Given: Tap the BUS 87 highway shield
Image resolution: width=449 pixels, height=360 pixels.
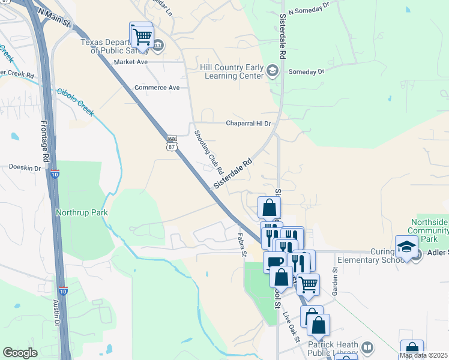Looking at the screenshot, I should pos(172,143).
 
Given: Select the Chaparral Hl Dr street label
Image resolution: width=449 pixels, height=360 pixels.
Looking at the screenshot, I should pos(248,124).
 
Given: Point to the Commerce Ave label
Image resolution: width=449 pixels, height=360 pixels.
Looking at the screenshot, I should pos(157,88).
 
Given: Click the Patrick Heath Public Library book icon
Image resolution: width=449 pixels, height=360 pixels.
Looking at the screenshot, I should pos(367,347).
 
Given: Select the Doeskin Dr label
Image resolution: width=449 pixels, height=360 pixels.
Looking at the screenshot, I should pos(25,168).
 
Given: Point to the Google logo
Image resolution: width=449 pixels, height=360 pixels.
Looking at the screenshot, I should pos(20,353).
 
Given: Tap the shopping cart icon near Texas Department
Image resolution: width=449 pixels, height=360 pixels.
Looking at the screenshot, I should pos(142,35).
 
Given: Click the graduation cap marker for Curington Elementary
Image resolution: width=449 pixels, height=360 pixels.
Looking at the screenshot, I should pos(406,247).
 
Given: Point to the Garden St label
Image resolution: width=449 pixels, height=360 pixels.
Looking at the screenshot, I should pos(335,281).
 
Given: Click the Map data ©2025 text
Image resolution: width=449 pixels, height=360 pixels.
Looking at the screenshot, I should pos(424,355).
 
